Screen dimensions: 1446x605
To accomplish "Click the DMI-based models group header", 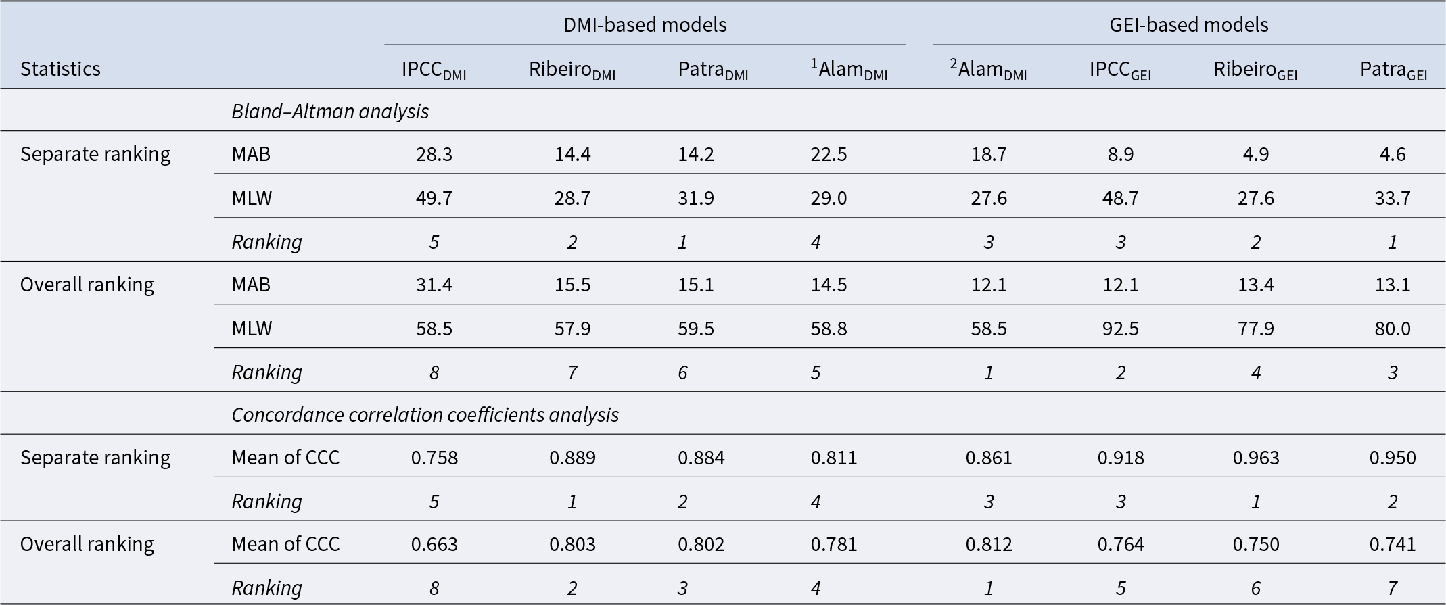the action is [645, 25].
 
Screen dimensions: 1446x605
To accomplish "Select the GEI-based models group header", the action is [1189, 25].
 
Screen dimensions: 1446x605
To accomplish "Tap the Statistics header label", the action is [60, 68].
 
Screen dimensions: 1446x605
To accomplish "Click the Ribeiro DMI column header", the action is [572, 70].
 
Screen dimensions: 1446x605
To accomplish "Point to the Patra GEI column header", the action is [1393, 70].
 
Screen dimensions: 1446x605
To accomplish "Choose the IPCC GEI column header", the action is [1120, 70].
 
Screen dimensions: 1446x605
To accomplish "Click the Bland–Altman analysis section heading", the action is [330, 111].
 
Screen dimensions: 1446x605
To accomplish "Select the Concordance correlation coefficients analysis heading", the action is [425, 414].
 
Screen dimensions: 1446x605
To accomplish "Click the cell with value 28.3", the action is [434, 154].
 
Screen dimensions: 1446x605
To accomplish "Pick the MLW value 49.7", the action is [434, 198].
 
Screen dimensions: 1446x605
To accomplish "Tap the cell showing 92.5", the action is [1121, 329].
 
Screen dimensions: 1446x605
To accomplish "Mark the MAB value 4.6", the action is [1393, 154].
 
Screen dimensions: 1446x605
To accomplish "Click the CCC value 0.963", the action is [1256, 458].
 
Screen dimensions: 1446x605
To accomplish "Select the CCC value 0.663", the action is [434, 544].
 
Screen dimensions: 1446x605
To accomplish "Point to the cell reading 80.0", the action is [1393, 329].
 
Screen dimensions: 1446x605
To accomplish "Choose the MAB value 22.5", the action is [829, 154].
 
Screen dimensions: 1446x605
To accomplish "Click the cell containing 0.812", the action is [989, 544].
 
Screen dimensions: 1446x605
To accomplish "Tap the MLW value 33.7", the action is [1393, 198].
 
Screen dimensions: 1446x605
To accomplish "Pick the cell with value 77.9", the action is [1256, 329].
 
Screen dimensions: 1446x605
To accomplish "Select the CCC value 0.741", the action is [1393, 544].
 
